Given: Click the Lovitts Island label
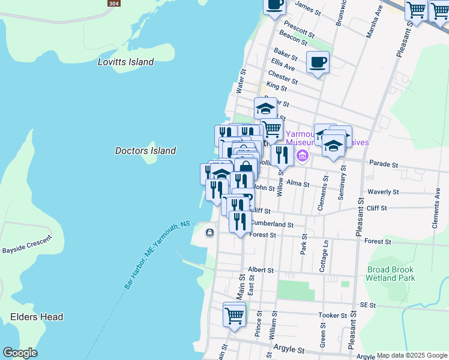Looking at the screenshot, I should pos(126,62).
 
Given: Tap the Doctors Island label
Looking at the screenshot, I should pos(145,151).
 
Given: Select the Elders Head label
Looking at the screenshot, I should pos(37,317).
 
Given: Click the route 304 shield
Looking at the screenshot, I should pos(113,4).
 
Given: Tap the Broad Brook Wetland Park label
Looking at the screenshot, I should pos(391,274).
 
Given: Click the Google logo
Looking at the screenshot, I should pos(20,353).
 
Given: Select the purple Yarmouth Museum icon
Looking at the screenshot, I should pos(302,157).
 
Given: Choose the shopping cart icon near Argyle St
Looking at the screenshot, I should pos(234,315).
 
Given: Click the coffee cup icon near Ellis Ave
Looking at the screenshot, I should pos(318,62).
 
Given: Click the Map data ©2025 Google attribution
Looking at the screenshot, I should pos(412,355).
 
